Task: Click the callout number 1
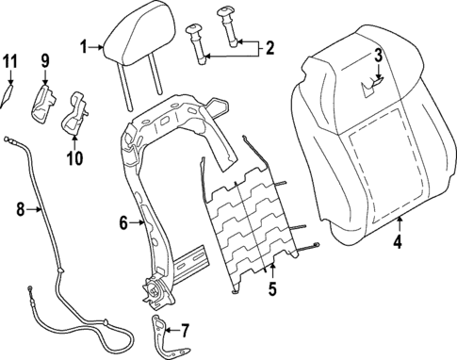click(x=84, y=45)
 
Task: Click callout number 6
click(x=122, y=223)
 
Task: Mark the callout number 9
click(x=43, y=61)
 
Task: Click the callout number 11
click(x=9, y=61)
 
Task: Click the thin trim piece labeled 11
click(x=7, y=96)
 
